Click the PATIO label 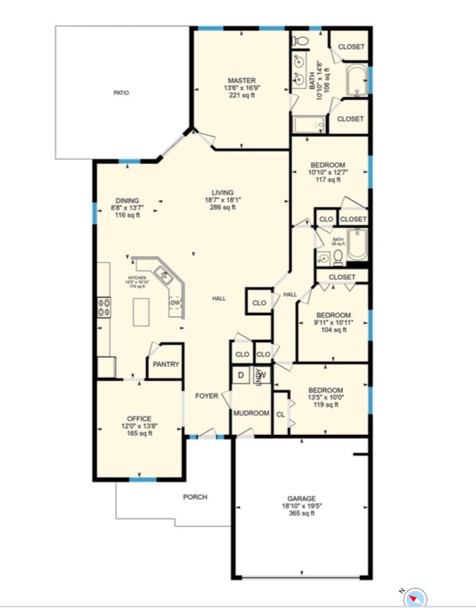click(x=121, y=93)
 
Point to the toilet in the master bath click(x=301, y=42)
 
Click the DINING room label click(x=127, y=201)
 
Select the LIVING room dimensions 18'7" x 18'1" click(x=222, y=199)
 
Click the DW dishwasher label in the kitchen click(x=175, y=303)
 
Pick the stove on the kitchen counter click(x=105, y=307)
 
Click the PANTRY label click(x=166, y=364)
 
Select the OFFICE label click(x=139, y=419)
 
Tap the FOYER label click(x=206, y=396)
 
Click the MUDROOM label click(x=251, y=413)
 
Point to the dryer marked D click(x=240, y=375)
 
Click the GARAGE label click(x=301, y=499)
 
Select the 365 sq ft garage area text click(x=301, y=513)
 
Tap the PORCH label click(x=195, y=497)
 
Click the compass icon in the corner click(x=415, y=597)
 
